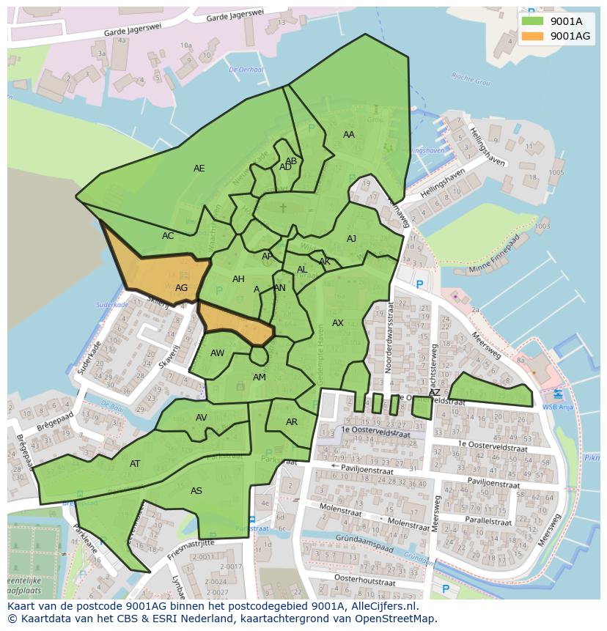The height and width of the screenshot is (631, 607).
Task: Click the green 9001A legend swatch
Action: coord(532,21)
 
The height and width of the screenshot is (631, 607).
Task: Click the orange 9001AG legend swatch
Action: coord(532,36)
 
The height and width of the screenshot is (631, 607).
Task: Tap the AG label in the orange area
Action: coord(181,288)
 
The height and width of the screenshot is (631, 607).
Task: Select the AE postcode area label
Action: coord(199,169)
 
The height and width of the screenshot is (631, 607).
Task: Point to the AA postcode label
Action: coord(349,135)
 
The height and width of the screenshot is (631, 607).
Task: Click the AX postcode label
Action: coord(337,323)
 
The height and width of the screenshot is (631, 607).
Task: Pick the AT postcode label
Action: coord(135,464)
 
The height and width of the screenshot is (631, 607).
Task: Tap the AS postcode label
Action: coord(196,491)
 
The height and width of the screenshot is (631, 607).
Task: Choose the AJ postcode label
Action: coord(351,239)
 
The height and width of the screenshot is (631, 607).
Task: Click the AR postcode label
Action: coord(292,422)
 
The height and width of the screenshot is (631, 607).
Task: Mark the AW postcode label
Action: coord(217,353)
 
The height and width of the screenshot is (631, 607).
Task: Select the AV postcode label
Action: coord(202,418)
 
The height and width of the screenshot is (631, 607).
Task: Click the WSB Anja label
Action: coord(557,407)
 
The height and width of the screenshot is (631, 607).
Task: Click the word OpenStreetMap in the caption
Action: coord(393,619)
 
